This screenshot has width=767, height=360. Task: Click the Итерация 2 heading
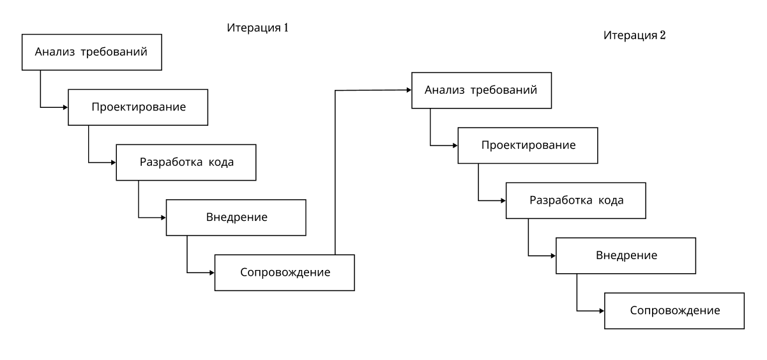(635, 35)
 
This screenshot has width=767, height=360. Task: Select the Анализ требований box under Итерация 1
(92, 52)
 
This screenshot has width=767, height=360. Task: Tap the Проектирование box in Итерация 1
(139, 107)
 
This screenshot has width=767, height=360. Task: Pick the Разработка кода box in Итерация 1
(186, 162)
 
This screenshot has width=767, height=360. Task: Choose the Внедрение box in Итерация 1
(236, 217)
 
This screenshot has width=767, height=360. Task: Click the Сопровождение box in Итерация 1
(285, 273)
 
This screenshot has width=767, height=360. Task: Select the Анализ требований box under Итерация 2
(481, 89)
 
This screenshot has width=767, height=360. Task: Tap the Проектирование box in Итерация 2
(528, 146)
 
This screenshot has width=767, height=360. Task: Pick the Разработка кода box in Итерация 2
(576, 200)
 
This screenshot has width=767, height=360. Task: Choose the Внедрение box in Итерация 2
(626, 255)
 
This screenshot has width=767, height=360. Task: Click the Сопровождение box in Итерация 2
(674, 311)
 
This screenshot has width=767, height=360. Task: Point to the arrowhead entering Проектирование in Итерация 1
(65, 107)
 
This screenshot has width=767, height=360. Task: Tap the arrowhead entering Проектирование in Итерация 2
(455, 146)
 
